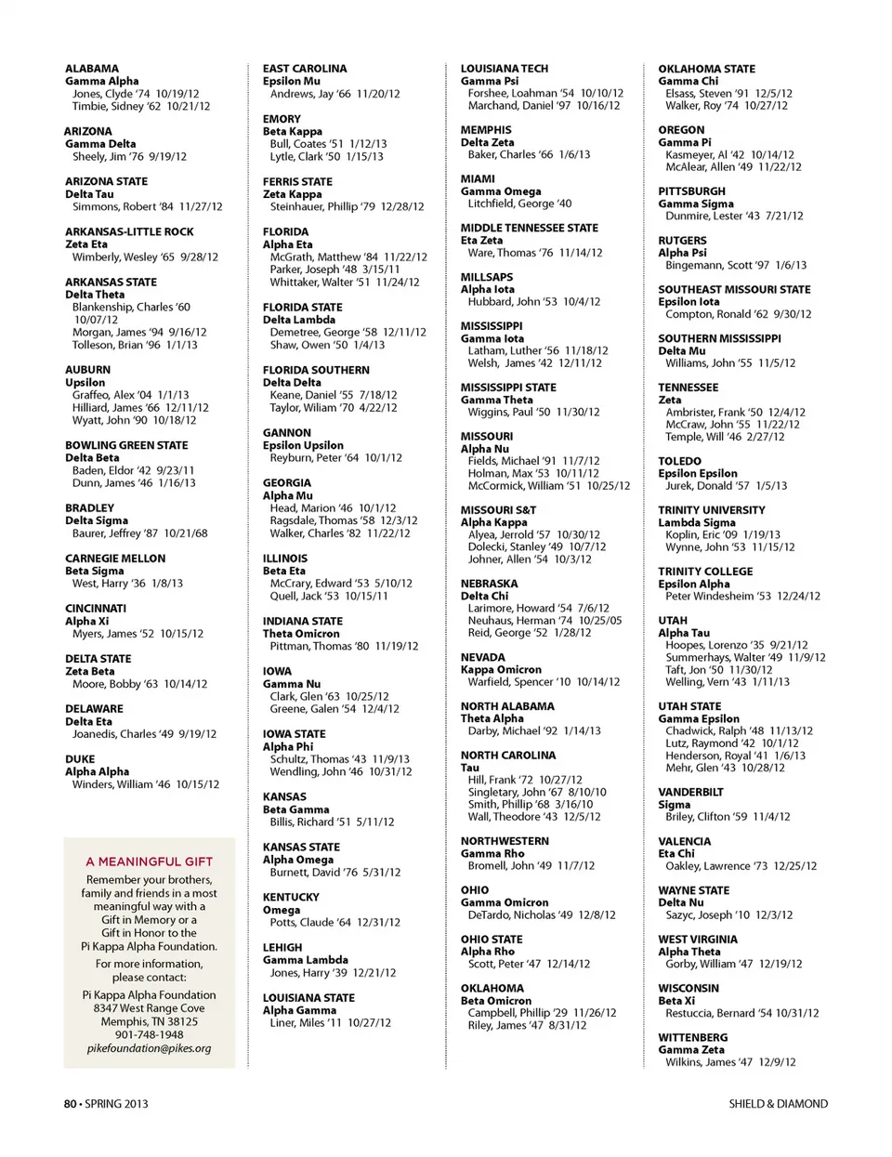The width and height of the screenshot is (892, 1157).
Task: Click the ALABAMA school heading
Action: [92, 69]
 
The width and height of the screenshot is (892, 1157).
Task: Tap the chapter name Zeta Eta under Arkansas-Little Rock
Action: [86, 244]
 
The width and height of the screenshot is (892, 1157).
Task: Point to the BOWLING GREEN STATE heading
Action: [126, 445]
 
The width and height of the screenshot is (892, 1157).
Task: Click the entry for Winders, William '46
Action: [146, 784]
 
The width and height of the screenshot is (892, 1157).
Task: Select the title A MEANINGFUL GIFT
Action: [150, 861]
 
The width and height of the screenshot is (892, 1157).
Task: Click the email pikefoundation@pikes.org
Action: [150, 1048]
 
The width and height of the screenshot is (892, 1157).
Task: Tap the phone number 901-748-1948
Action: [150, 1034]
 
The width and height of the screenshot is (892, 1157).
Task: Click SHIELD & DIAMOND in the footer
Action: [778, 1104]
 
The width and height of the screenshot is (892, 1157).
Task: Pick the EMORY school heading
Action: [282, 119]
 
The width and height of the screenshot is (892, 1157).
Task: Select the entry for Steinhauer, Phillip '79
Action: [347, 207]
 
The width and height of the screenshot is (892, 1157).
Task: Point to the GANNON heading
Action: [287, 433]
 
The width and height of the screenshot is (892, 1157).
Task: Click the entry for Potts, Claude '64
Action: [335, 923]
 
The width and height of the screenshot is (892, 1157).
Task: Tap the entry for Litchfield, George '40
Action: [519, 204]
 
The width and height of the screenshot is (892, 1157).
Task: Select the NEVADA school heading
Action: [483, 657]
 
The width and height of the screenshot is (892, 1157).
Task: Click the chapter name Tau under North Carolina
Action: [470, 768]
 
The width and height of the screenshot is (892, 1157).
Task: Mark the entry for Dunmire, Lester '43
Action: [734, 216]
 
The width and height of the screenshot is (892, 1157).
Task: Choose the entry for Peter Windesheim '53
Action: [742, 597]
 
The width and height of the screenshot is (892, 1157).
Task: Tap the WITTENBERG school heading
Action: [693, 1037]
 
